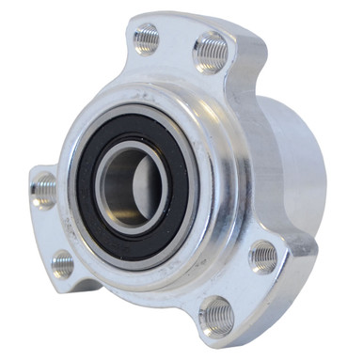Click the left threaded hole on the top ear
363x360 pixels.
147,39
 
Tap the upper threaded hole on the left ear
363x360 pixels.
43,190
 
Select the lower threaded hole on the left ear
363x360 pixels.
63,263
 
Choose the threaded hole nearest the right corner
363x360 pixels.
262,256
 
